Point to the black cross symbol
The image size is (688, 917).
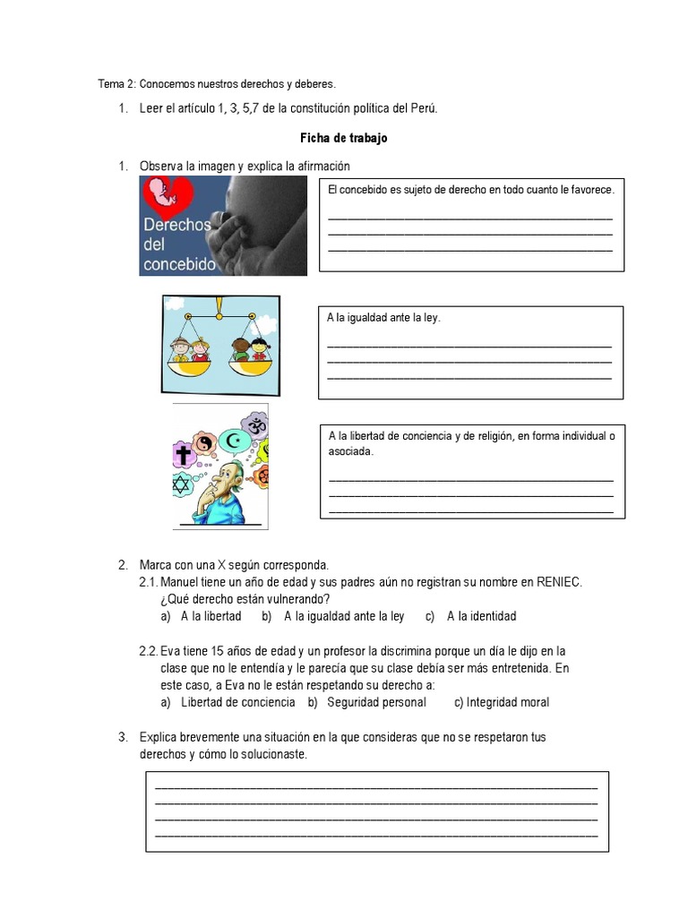pyautogui.click(x=185, y=455)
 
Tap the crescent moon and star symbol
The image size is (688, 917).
pyautogui.click(x=236, y=441)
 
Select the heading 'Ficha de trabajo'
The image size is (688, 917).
pyautogui.click(x=343, y=139)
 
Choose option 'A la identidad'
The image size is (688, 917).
pyautogui.click(x=481, y=616)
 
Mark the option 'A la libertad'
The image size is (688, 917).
pyautogui.click(x=211, y=616)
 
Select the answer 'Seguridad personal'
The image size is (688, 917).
pyautogui.click(x=376, y=702)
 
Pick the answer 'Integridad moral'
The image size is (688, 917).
pyautogui.click(x=508, y=702)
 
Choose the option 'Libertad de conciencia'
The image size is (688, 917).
pyautogui.click(x=237, y=702)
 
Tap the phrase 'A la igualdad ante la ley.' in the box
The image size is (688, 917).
pyautogui.click(x=384, y=318)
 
